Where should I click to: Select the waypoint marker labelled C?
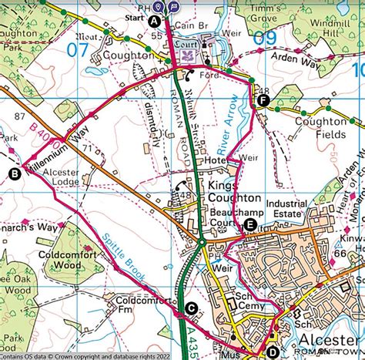coord(191,308)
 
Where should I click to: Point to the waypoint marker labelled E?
coord(249,224)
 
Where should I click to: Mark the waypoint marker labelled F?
coord(264,100)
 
